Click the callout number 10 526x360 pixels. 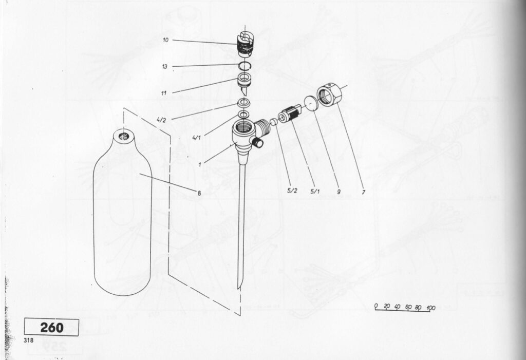pos(166,40)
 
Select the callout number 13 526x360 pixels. pos(165,67)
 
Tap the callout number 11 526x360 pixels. pos(164,93)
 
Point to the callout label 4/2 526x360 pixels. pos(161,120)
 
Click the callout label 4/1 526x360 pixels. pos(197,137)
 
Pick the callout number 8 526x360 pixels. pos(199,193)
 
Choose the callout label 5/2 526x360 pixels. pos(292,191)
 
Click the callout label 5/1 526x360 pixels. pos(315,192)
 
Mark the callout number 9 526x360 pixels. pos(339,192)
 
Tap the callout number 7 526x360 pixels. pos(363,192)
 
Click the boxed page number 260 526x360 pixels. pos(52,328)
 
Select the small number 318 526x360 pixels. pos(29,340)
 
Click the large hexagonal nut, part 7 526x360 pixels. pos(329,94)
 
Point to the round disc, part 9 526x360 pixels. pos(311,103)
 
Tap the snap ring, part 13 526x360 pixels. pos(245,65)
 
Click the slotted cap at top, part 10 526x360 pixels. pos(245,44)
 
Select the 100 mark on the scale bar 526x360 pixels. pos(431,308)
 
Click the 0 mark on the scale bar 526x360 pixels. pos(377,306)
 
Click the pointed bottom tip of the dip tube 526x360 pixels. pos(238,288)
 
